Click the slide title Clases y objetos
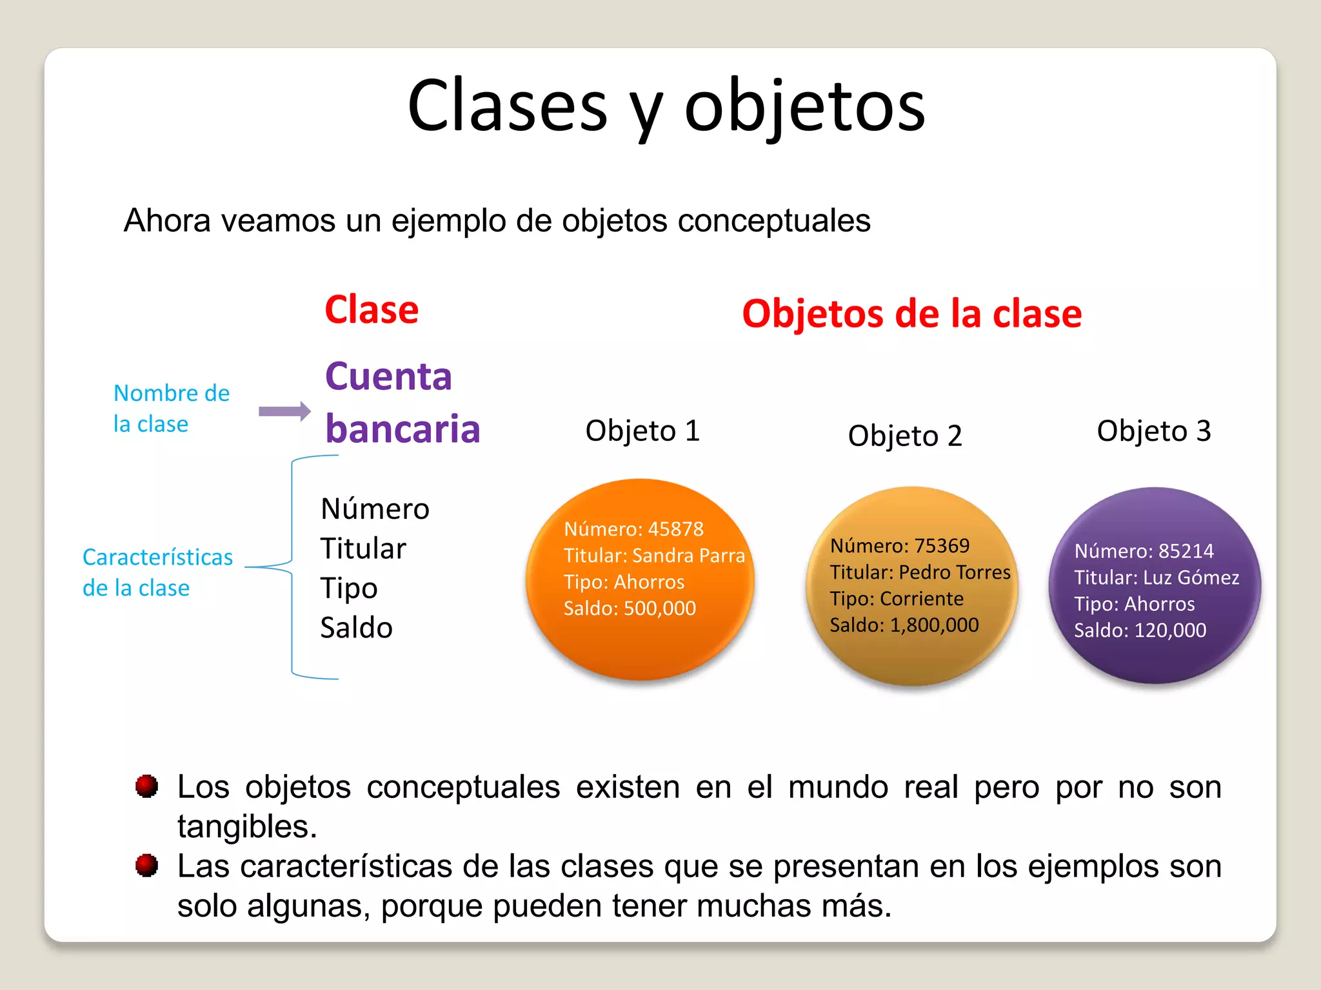[666, 106]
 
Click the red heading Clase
[372, 310]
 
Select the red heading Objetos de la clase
[911, 314]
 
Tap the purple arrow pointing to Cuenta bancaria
[284, 411]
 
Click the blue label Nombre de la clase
[170, 408]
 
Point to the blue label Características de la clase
[157, 572]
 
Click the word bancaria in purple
[402, 429]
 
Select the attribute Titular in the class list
[363, 548]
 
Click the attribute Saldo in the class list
[356, 628]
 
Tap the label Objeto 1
[642, 431]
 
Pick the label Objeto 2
[904, 436]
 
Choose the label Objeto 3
[1153, 431]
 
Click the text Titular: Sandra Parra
[653, 556]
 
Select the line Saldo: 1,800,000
[904, 625]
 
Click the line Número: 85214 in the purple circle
[1143, 551]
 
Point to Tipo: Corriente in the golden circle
[896, 599]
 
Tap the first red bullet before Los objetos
[146, 786]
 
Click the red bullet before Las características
[146, 866]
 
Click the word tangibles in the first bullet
[246, 826]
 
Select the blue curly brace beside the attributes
[292, 567]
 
